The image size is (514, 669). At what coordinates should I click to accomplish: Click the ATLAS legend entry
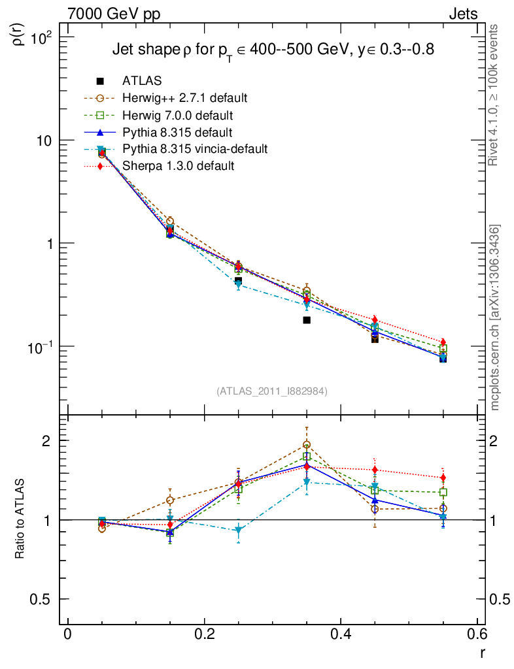pyautogui.click(x=142, y=81)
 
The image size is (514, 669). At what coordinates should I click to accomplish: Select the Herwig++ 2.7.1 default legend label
pyautogui.click(x=184, y=98)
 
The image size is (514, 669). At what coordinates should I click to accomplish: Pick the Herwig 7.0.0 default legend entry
pyautogui.click(x=177, y=115)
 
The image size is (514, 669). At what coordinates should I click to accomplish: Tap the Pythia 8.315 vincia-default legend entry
pyautogui.click(x=194, y=149)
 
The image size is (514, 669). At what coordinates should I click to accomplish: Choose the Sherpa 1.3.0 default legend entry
pyautogui.click(x=178, y=166)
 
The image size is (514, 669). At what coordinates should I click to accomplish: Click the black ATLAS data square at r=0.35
pyautogui.click(x=307, y=320)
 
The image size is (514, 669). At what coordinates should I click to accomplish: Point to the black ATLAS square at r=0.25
pyautogui.click(x=239, y=281)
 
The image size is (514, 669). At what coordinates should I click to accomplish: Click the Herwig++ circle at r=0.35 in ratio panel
pyautogui.click(x=307, y=446)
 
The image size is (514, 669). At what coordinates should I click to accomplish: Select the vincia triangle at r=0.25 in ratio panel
pyautogui.click(x=239, y=530)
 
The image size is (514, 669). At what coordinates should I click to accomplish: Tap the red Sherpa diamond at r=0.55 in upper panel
pyautogui.click(x=443, y=342)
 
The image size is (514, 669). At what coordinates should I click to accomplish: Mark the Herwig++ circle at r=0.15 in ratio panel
pyautogui.click(x=170, y=500)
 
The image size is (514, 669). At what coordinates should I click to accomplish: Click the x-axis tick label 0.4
pyautogui.click(x=341, y=634)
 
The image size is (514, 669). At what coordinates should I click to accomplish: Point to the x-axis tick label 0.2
pyautogui.click(x=204, y=634)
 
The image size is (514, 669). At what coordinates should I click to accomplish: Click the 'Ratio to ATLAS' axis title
pyautogui.click(x=20, y=520)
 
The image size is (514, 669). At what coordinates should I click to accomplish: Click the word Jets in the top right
pyautogui.click(x=462, y=14)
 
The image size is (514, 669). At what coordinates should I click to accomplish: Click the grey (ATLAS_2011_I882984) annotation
pyautogui.click(x=272, y=391)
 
